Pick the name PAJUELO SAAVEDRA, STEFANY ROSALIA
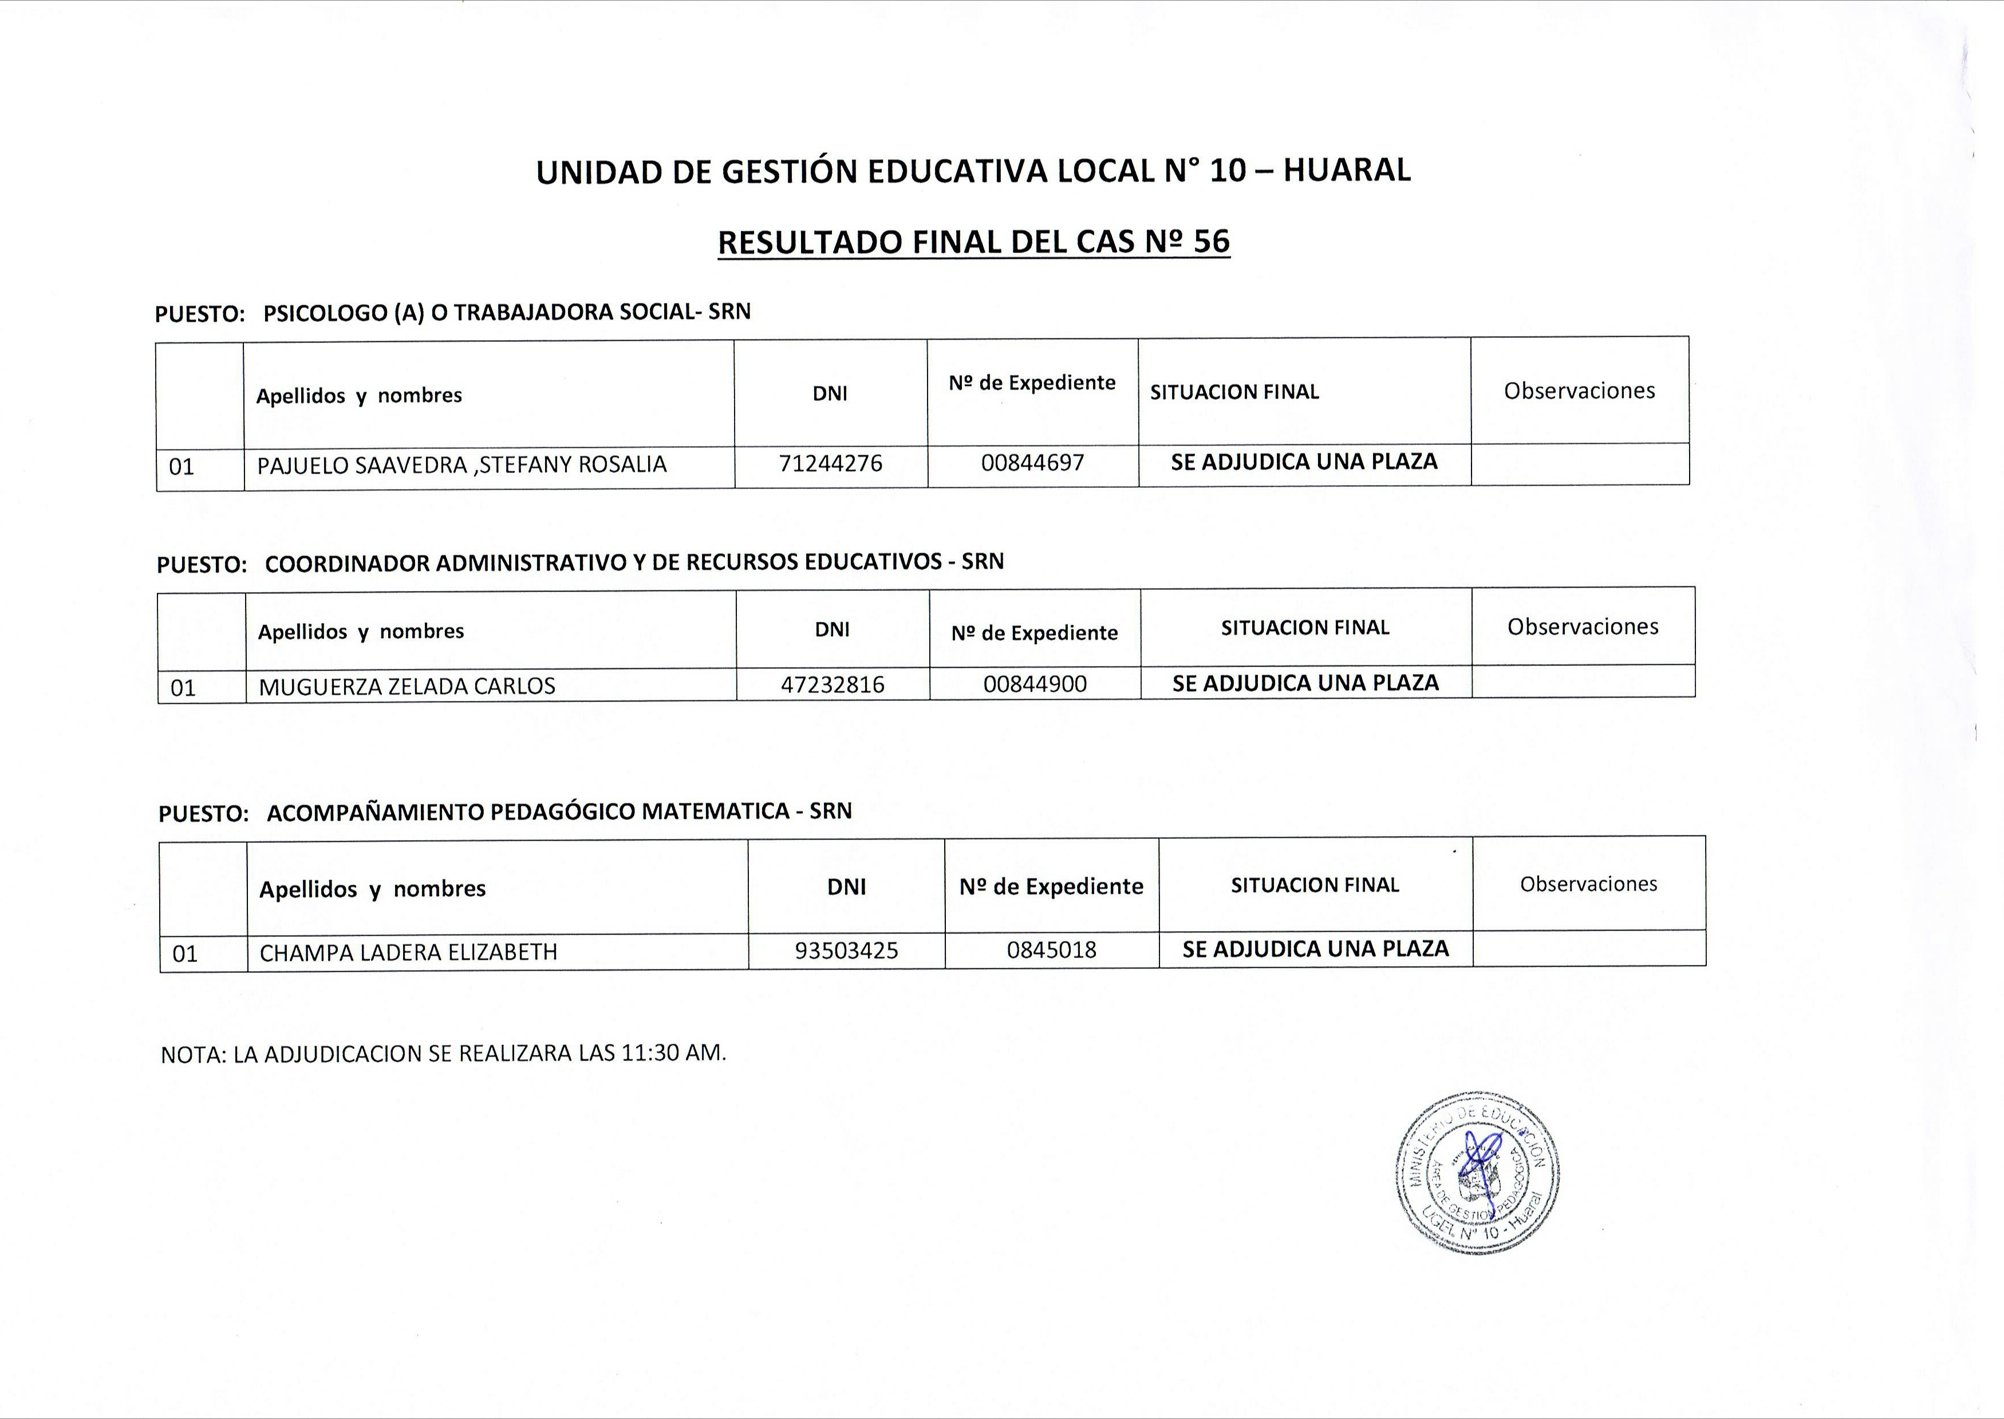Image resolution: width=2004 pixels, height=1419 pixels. pos(461,465)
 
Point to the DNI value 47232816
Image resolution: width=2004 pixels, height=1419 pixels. pos(833,684)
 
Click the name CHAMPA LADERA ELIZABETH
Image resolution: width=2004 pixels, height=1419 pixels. pos(408,952)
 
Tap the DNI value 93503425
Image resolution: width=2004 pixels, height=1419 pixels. pos(846,951)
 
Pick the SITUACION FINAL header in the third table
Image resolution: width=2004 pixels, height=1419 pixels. pos(1315,885)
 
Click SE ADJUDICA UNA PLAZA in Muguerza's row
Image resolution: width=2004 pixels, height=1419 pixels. pos(1305,683)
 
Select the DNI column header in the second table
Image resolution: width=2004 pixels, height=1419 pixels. pos(831,629)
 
